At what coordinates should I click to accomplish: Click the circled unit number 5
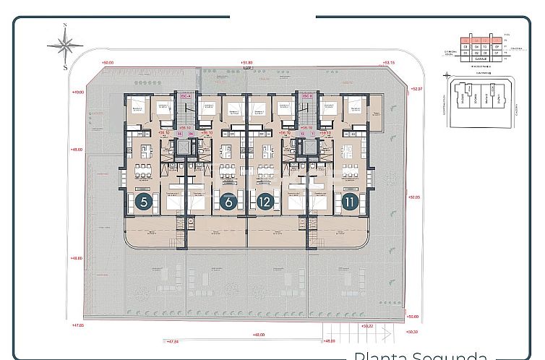(145, 202)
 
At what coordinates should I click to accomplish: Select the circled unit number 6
(228, 202)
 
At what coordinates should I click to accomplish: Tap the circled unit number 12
(265, 202)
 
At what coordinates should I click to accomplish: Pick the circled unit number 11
(350, 202)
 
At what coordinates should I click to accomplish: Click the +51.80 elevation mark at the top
(248, 63)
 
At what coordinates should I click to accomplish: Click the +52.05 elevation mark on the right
(413, 197)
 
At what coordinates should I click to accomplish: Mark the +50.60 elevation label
(413, 316)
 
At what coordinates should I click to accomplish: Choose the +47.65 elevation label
(78, 325)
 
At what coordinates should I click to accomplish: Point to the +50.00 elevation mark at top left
(108, 63)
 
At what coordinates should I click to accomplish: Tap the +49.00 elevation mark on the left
(79, 92)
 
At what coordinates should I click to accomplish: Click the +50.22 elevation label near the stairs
(366, 325)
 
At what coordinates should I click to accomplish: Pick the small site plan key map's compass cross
(446, 75)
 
